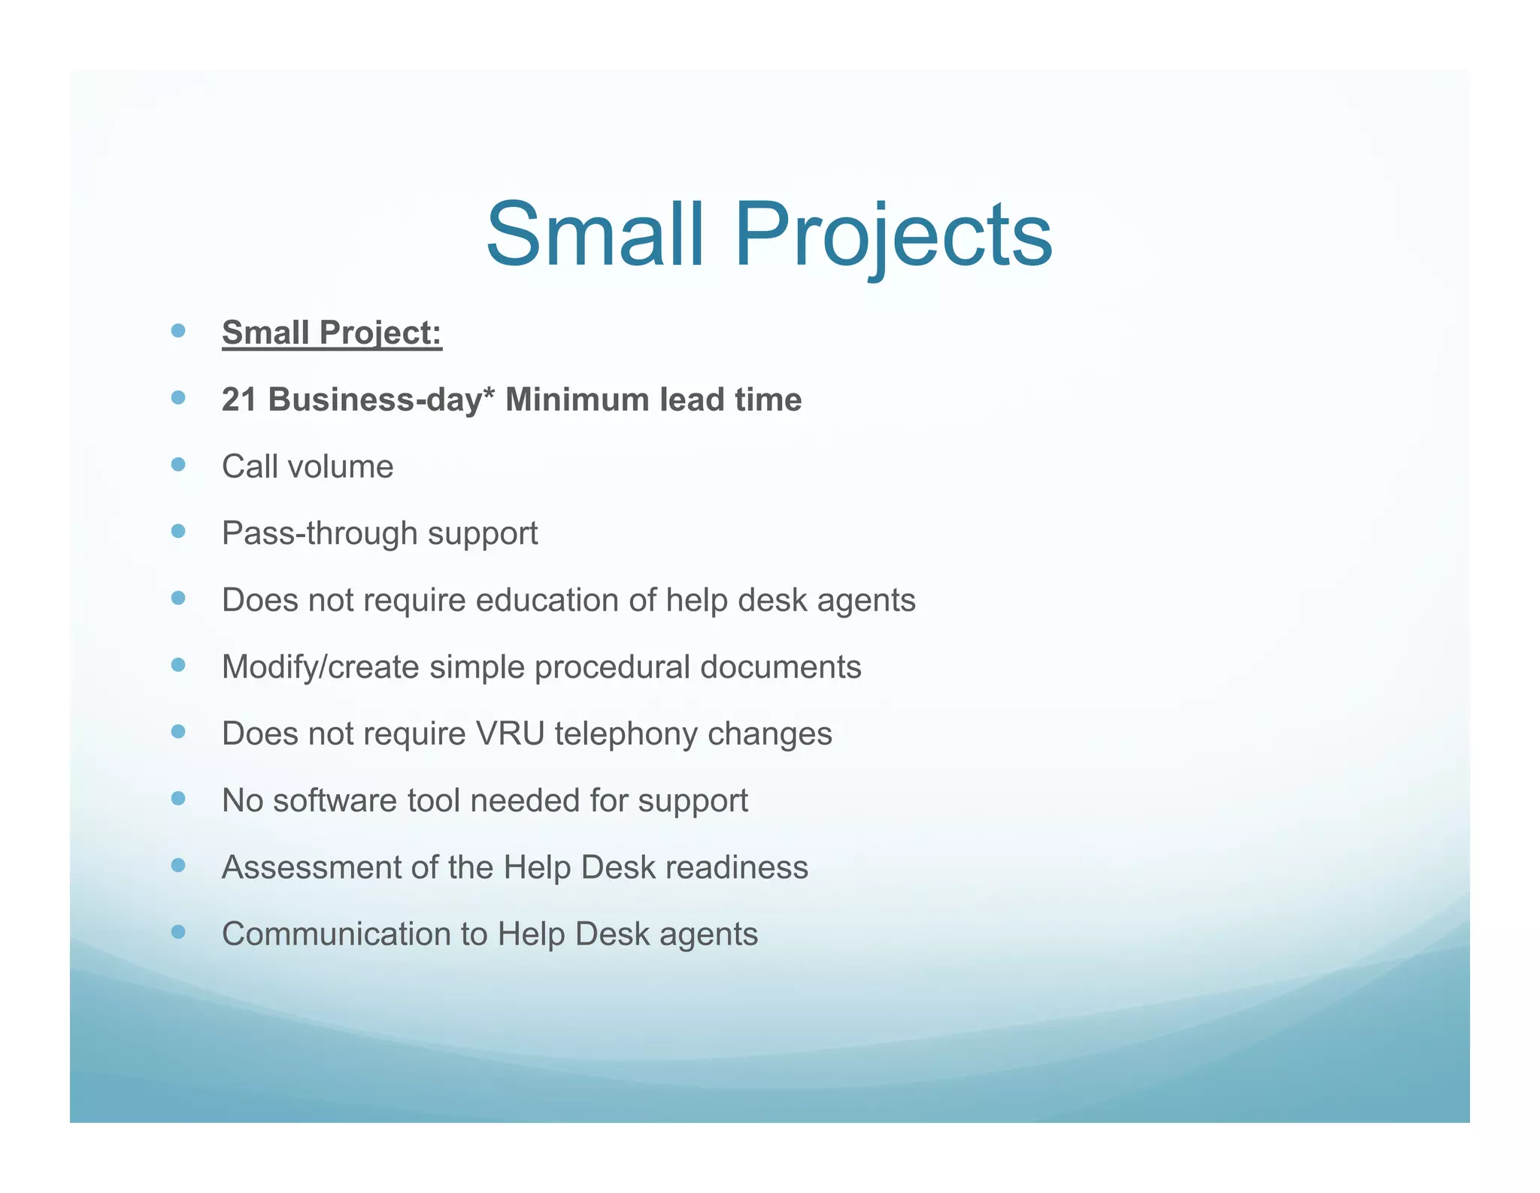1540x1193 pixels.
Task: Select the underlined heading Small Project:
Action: (x=332, y=333)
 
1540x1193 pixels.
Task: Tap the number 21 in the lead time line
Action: (x=239, y=399)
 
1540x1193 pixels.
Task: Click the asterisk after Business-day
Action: (x=488, y=394)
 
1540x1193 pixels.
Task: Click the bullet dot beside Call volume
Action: (x=178, y=465)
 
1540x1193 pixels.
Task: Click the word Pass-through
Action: (x=320, y=533)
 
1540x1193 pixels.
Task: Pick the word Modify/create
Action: (x=320, y=667)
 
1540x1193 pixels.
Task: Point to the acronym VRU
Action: (x=510, y=733)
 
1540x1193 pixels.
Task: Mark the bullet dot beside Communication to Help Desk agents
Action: (x=178, y=933)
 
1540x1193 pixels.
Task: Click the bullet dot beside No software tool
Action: (x=178, y=799)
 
